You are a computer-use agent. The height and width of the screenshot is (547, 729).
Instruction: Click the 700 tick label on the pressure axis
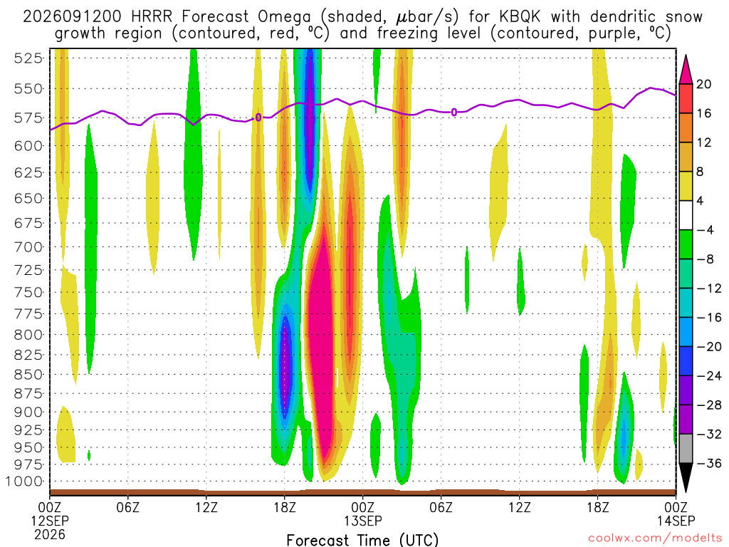tap(28, 246)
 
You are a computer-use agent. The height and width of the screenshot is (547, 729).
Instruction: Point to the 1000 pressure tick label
tap(25, 481)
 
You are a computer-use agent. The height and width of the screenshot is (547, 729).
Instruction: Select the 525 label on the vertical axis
tap(28, 58)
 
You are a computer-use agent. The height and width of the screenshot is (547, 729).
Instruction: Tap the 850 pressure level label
tap(28, 375)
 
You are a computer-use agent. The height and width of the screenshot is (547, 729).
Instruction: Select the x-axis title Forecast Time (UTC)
tap(362, 540)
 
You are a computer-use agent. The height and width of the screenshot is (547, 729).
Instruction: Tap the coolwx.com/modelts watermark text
tap(655, 538)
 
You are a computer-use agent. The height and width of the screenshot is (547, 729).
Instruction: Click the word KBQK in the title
tap(520, 17)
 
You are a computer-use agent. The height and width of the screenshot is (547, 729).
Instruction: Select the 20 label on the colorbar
tap(703, 84)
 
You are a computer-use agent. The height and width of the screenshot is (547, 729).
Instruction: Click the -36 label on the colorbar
tap(708, 463)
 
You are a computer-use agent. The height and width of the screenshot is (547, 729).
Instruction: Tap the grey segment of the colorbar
tap(686, 449)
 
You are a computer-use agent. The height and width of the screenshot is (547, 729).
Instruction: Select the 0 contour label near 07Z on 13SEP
tap(454, 112)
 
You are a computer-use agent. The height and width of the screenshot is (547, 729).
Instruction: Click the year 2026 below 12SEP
tap(50, 534)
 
